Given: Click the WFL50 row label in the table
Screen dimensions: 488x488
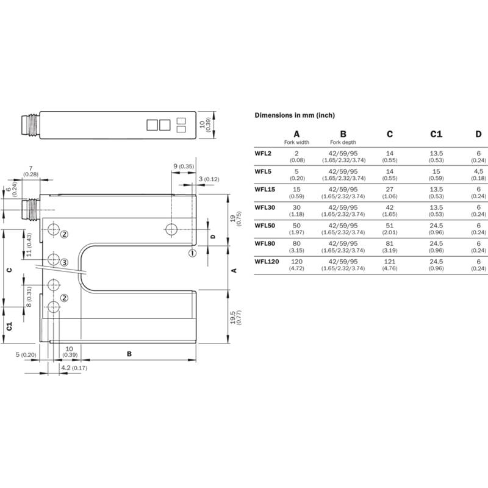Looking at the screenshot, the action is tap(265, 226).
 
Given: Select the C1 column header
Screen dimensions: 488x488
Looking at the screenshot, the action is tap(436, 134).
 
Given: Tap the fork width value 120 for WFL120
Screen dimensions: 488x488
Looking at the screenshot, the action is tap(296, 262).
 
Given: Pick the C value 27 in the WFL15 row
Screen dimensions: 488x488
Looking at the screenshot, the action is tap(390, 190).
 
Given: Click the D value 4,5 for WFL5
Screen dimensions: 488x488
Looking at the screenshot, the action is tap(478, 171).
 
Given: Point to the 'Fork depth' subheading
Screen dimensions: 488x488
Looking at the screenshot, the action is tap(343, 143).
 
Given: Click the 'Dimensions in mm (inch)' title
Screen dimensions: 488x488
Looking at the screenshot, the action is tap(295, 115).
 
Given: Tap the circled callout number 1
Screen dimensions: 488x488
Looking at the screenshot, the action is tap(193, 253).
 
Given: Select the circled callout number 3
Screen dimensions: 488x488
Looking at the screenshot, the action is tap(64, 263).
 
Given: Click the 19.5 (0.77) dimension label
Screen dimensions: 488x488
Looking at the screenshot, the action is tap(235, 317).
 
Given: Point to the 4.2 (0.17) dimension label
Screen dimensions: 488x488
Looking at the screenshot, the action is tap(74, 368).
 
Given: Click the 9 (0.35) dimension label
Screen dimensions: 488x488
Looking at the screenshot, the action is tap(184, 167).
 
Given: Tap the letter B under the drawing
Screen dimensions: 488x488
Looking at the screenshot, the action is tap(129, 354).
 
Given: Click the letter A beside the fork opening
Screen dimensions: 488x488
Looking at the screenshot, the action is tap(234, 270).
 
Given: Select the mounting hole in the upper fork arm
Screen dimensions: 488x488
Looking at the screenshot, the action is tap(171, 229).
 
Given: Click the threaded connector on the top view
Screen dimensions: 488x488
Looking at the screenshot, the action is tap(30, 125).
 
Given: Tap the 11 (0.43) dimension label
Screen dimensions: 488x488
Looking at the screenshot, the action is tap(29, 245).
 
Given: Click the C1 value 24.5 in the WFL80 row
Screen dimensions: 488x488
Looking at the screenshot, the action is tap(436, 243).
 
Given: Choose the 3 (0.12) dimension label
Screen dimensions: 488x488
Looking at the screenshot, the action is tap(209, 179).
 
